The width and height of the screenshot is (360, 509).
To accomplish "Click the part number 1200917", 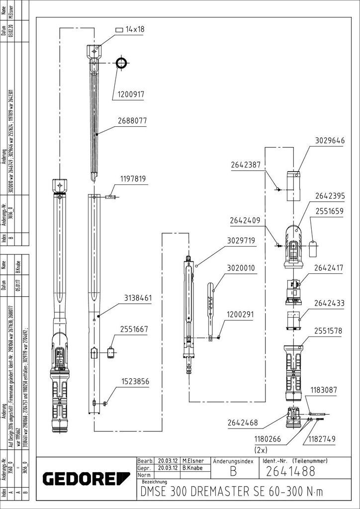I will click(131, 94).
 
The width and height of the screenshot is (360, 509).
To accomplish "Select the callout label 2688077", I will click(132, 120).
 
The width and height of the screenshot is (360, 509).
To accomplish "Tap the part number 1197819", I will click(132, 178).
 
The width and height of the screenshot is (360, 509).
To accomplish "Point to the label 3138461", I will click(138, 298).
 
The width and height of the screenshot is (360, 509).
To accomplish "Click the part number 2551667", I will click(134, 329).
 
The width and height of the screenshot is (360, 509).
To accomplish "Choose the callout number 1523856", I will click(135, 381).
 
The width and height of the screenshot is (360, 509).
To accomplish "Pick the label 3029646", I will click(330, 141).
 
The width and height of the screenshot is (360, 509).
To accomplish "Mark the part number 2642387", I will click(245, 165).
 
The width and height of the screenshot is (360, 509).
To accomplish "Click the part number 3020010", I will click(241, 267).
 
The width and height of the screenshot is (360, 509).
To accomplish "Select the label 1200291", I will click(241, 314).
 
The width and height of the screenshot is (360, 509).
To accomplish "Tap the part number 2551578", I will click(328, 331).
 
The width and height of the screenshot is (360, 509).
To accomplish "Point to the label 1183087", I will click(325, 390).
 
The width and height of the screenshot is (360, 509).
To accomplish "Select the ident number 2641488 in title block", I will click(291, 471).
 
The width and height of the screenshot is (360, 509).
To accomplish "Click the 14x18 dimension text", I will click(135, 29).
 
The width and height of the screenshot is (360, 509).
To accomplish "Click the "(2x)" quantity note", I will click(261, 449).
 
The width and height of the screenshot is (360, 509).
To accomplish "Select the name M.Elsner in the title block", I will click(193, 461).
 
